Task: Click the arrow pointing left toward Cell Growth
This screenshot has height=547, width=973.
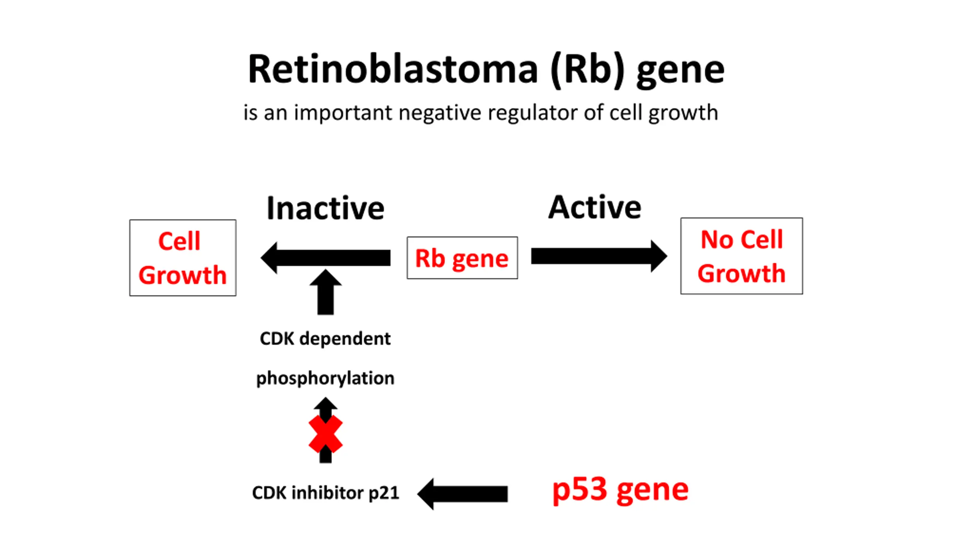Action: click(x=325, y=258)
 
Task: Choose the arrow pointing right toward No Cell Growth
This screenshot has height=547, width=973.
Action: click(x=599, y=256)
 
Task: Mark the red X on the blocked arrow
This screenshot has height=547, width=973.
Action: click(x=326, y=434)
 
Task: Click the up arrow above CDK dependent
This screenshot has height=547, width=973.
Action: click(x=326, y=292)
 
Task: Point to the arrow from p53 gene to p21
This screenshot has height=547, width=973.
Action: click(x=463, y=494)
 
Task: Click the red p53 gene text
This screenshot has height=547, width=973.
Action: click(x=620, y=490)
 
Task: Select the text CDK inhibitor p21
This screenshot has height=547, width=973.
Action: click(x=326, y=493)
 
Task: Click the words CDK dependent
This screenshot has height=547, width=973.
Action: click(x=325, y=338)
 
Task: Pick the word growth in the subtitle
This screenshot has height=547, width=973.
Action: click(x=683, y=113)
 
